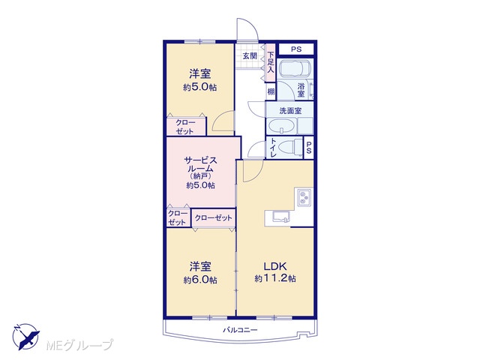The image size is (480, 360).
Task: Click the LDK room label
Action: [x=275, y=265]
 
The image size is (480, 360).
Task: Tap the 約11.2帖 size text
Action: [x=275, y=278]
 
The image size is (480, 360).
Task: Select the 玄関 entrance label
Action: [x=250, y=56]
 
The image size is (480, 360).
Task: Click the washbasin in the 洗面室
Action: [x=281, y=126]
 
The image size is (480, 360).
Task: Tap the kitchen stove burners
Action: [x=304, y=196]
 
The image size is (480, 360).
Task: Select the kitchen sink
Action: [x=281, y=217]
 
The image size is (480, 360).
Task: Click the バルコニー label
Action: [x=240, y=330]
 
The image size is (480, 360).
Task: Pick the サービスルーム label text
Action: [x=200, y=164]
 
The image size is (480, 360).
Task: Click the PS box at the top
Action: [x=296, y=49]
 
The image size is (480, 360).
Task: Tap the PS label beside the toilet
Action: [x=308, y=148]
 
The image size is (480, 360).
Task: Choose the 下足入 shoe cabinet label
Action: [x=271, y=63]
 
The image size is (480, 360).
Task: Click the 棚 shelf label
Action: [x=271, y=91]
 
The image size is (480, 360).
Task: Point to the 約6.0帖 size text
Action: [x=200, y=280]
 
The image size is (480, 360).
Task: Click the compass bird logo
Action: [x=26, y=336]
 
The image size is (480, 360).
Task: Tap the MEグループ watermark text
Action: [x=79, y=345]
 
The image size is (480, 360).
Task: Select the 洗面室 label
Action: [x=290, y=110]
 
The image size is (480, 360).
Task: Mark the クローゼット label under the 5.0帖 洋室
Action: [x=185, y=127]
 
